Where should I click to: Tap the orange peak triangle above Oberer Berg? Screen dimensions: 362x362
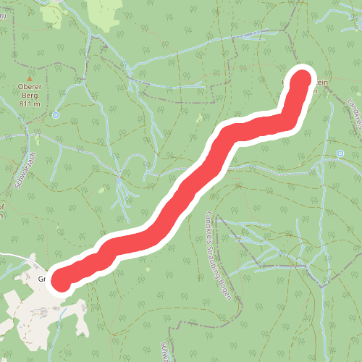pos(30,77)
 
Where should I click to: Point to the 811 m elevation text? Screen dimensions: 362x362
pos(29,104)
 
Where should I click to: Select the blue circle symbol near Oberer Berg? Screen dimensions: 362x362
pos(56,114)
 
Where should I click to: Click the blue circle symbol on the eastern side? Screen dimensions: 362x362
pos(340,153)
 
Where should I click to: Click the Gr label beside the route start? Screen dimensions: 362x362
pos(42,277)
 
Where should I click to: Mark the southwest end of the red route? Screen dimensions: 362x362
pos(60,281)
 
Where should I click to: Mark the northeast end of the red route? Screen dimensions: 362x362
pos(303,77)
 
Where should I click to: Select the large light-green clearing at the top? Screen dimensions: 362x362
pos(105,11)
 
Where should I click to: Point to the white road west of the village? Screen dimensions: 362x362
pos(14,257)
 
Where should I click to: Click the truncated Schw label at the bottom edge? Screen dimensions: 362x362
pos(166,350)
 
